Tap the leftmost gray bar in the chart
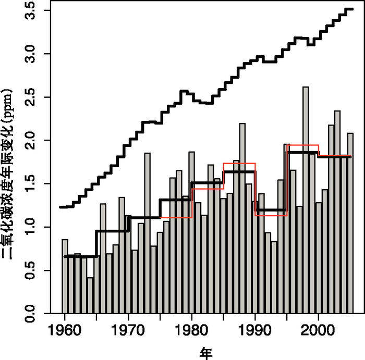65,276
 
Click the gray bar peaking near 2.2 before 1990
242,218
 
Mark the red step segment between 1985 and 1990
239,163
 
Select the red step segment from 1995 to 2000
302,145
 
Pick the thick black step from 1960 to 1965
80,256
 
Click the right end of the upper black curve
352,9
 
